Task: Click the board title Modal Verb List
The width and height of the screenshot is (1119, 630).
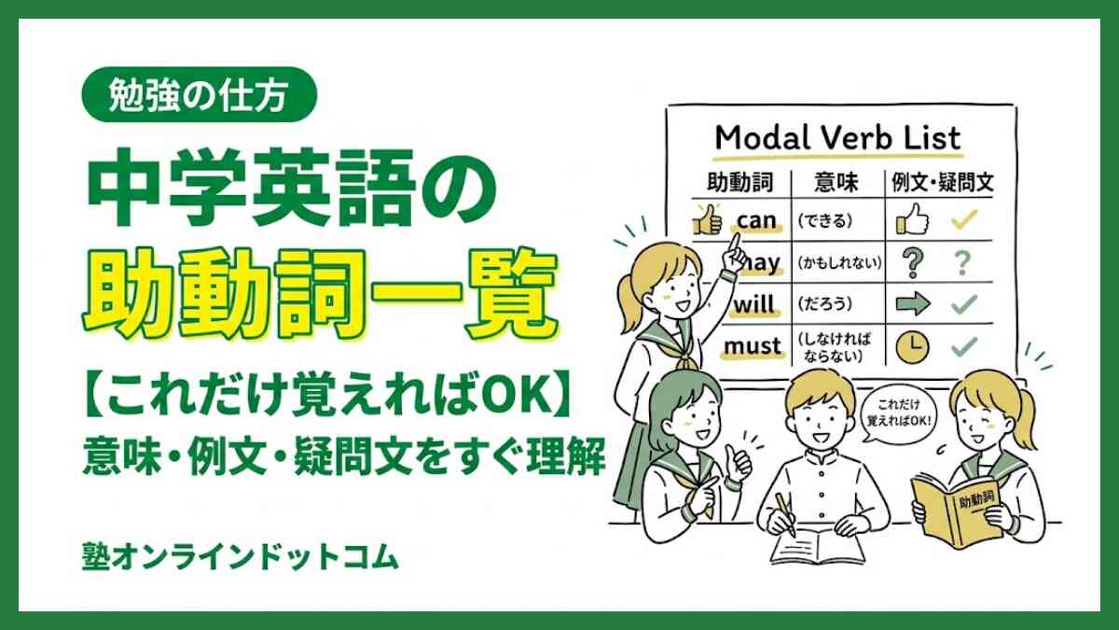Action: coord(836,139)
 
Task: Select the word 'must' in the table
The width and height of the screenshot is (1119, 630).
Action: coord(753,346)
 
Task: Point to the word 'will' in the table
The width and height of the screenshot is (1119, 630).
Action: coord(755,304)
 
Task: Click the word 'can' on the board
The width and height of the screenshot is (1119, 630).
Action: coord(756,220)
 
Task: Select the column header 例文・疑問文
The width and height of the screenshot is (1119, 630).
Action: coord(943,181)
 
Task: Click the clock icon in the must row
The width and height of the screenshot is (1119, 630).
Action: coord(912,347)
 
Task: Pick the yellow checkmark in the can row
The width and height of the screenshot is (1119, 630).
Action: coord(962,221)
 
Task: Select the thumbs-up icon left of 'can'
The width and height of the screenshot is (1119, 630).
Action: coord(708,221)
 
